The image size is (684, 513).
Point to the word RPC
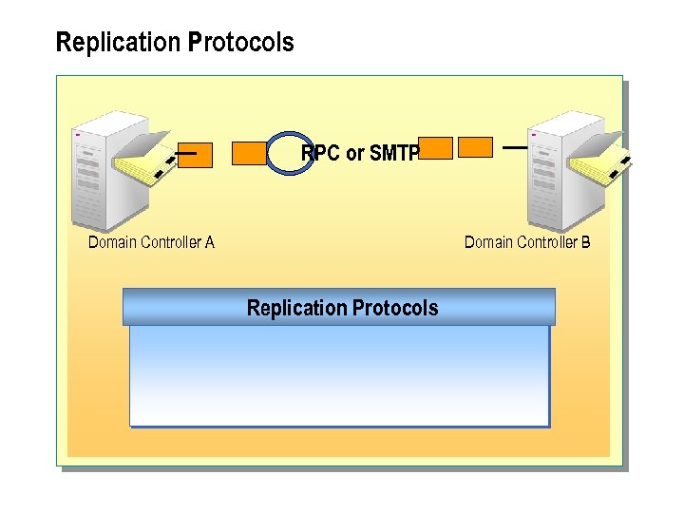click(x=320, y=153)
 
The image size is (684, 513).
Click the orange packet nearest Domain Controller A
click(x=195, y=155)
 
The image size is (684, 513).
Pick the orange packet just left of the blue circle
click(x=249, y=153)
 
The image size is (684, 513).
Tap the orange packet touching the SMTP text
click(x=436, y=147)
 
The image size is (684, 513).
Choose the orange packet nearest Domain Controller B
click(x=475, y=147)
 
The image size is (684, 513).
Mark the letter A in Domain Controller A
click(x=209, y=242)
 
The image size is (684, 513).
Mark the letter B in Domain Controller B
click(x=585, y=242)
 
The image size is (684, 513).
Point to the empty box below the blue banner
click(x=339, y=375)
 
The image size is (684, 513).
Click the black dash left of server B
click(x=514, y=148)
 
